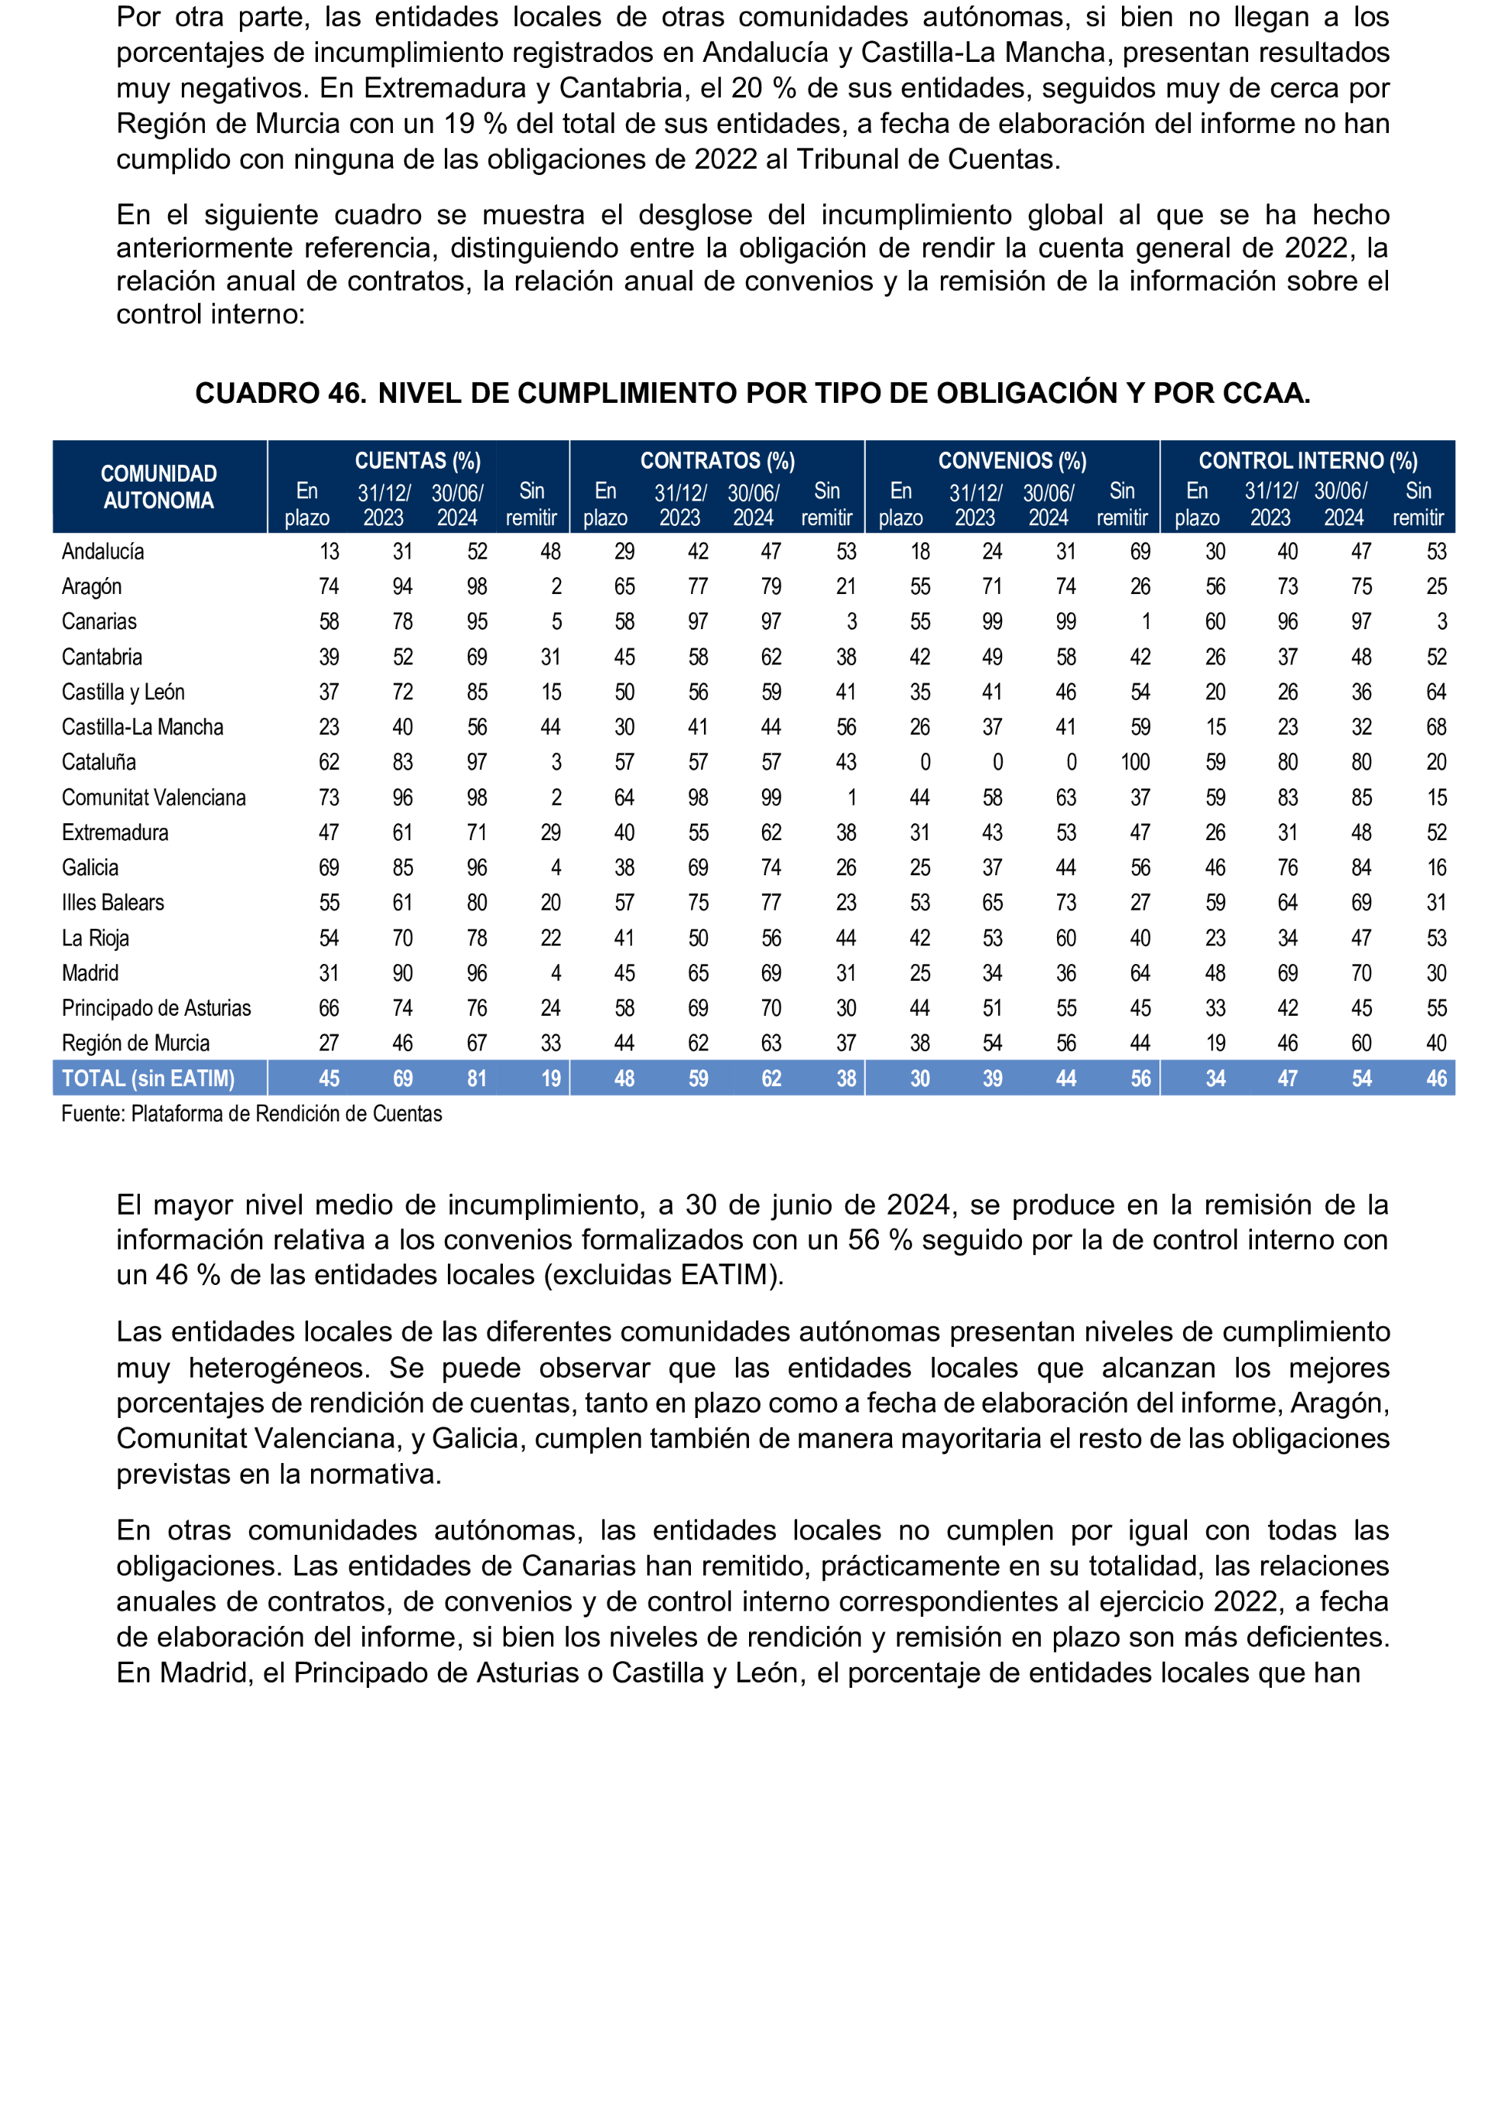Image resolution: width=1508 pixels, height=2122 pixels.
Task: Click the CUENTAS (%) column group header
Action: pyautogui.click(x=418, y=461)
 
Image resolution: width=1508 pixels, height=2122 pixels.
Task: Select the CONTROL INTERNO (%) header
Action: pyautogui.click(x=1308, y=461)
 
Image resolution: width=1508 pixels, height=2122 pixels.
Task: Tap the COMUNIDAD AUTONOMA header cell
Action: pyautogui.click(x=159, y=487)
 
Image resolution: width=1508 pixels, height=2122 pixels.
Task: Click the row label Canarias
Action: pyautogui.click(x=99, y=621)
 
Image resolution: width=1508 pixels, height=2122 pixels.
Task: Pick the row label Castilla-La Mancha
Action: pyautogui.click(x=142, y=727)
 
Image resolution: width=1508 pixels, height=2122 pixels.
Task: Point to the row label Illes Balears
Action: pyautogui.click(x=112, y=903)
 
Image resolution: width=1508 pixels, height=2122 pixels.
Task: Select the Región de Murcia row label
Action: pyautogui.click(x=135, y=1043)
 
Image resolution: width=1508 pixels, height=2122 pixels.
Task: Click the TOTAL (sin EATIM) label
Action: pyautogui.click(x=148, y=1078)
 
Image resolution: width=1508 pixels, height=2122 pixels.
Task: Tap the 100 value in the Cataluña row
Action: pyautogui.click(x=1135, y=762)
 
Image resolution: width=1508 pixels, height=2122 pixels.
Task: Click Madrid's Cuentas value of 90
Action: pyautogui.click(x=402, y=973)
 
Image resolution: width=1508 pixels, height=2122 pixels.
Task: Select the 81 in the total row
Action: pyautogui.click(x=476, y=1078)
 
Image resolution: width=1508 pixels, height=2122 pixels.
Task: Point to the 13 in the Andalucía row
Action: pyautogui.click(x=329, y=552)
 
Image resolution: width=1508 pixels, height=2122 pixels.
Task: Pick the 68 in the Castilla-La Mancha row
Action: pyautogui.click(x=1435, y=727)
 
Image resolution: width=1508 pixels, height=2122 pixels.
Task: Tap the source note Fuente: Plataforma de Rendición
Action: pyautogui.click(x=251, y=1114)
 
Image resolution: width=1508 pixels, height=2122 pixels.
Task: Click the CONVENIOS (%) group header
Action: pyautogui.click(x=1012, y=461)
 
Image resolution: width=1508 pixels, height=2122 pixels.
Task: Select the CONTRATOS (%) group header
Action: pyautogui.click(x=717, y=461)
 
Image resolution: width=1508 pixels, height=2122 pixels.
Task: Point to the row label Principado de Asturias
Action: pyautogui.click(x=156, y=1008)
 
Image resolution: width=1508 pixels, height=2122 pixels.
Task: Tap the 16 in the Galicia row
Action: pyautogui.click(x=1435, y=868)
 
